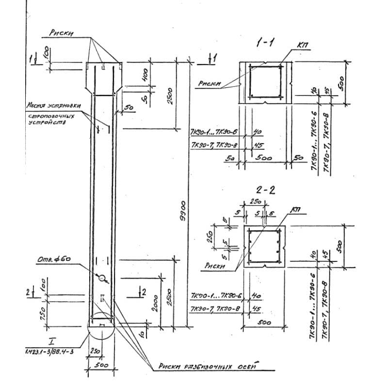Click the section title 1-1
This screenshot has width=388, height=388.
[265, 43]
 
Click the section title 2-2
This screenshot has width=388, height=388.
[265, 190]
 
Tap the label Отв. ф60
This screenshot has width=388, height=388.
[53, 259]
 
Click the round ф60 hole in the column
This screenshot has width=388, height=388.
[102, 278]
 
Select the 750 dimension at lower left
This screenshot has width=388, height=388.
[43, 310]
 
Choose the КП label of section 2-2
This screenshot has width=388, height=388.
[295, 210]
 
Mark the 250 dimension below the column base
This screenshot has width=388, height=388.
[95, 350]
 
